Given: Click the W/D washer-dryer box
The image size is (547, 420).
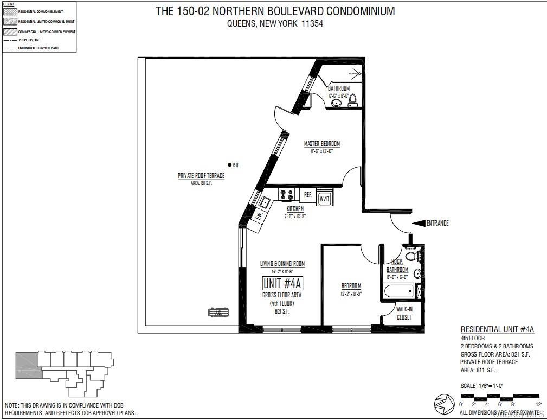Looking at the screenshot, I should [x=324, y=199].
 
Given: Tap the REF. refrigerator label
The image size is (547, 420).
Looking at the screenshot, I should [x=307, y=194].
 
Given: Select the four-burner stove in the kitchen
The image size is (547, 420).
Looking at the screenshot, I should [x=287, y=194].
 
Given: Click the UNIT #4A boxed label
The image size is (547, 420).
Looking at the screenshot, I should [x=282, y=283].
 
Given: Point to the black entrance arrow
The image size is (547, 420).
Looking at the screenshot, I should [x=418, y=223].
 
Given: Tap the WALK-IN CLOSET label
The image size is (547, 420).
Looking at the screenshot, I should [x=404, y=314].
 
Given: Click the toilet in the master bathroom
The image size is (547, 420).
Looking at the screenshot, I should [x=352, y=99].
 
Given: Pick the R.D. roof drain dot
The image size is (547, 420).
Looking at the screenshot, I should [x=229, y=164].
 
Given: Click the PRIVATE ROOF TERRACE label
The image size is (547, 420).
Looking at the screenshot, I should [x=201, y=176].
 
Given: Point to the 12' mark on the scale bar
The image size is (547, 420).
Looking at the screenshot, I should [x=539, y=404].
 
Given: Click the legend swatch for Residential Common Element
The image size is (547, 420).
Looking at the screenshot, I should [x=10, y=11].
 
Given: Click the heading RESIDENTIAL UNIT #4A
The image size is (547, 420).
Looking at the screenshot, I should [x=497, y=329].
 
